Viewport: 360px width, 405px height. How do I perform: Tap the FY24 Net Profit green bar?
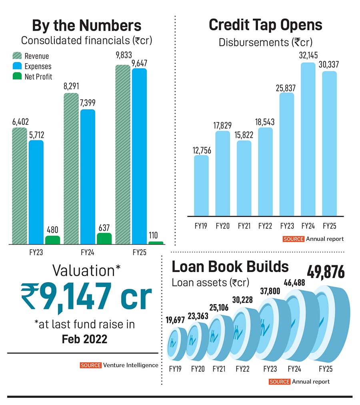[104, 239]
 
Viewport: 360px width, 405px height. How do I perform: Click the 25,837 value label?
[286, 88]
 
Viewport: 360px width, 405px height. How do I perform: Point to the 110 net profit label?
[156, 236]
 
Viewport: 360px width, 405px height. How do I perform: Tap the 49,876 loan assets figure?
[326, 273]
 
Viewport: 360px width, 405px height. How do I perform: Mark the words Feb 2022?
[84, 339]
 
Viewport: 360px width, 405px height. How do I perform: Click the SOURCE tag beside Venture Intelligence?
[90, 365]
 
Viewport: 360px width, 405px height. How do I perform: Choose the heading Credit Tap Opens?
[265, 25]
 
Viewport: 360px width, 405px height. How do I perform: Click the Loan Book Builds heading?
[230, 266]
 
